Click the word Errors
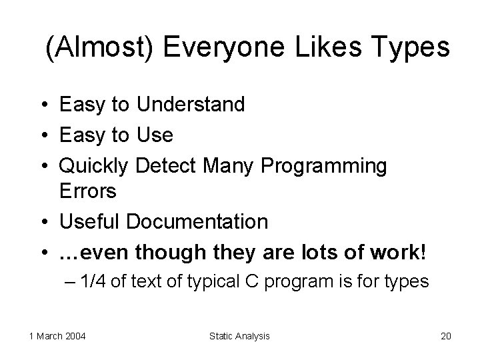(88, 191)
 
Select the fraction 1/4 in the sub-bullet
(92, 281)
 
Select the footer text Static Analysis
(240, 336)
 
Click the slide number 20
(445, 336)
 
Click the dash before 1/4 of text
(70, 281)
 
